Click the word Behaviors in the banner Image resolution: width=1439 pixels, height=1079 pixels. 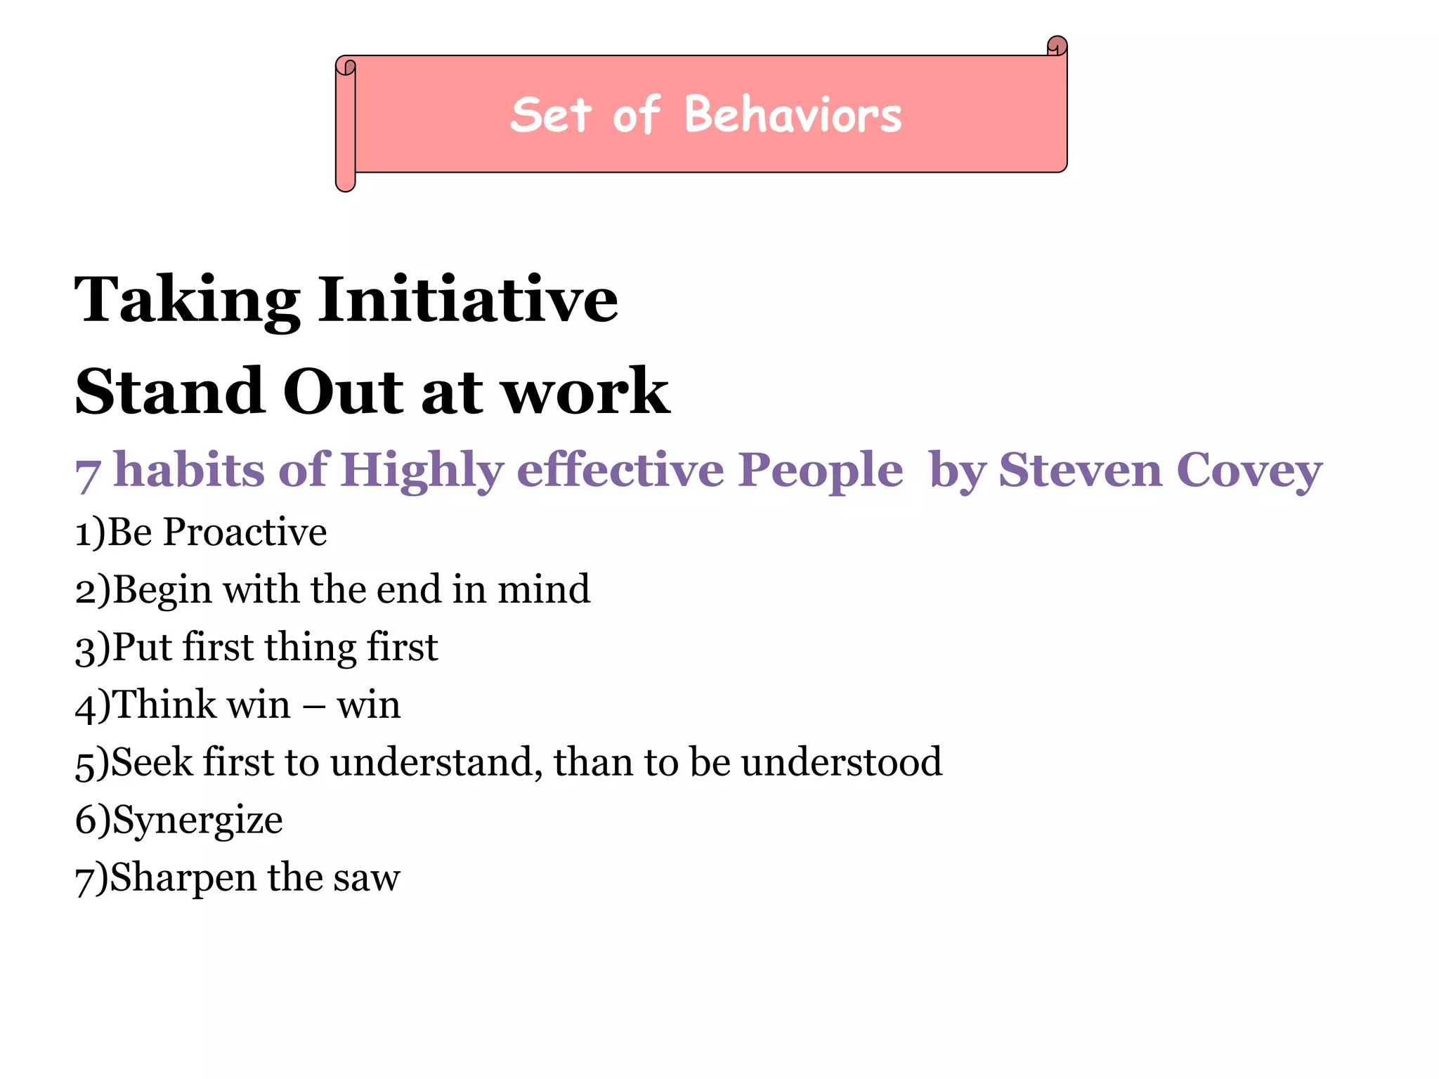793,115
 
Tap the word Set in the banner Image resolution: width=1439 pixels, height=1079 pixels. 550,115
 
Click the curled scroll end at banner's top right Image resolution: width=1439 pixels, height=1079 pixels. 1057,46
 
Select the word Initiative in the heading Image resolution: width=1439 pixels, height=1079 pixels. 468,300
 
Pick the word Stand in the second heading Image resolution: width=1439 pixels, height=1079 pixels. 169,391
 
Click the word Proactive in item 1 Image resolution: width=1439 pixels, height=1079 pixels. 245,532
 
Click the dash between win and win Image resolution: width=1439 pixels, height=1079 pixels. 313,705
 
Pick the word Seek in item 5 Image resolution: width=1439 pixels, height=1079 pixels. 151,762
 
